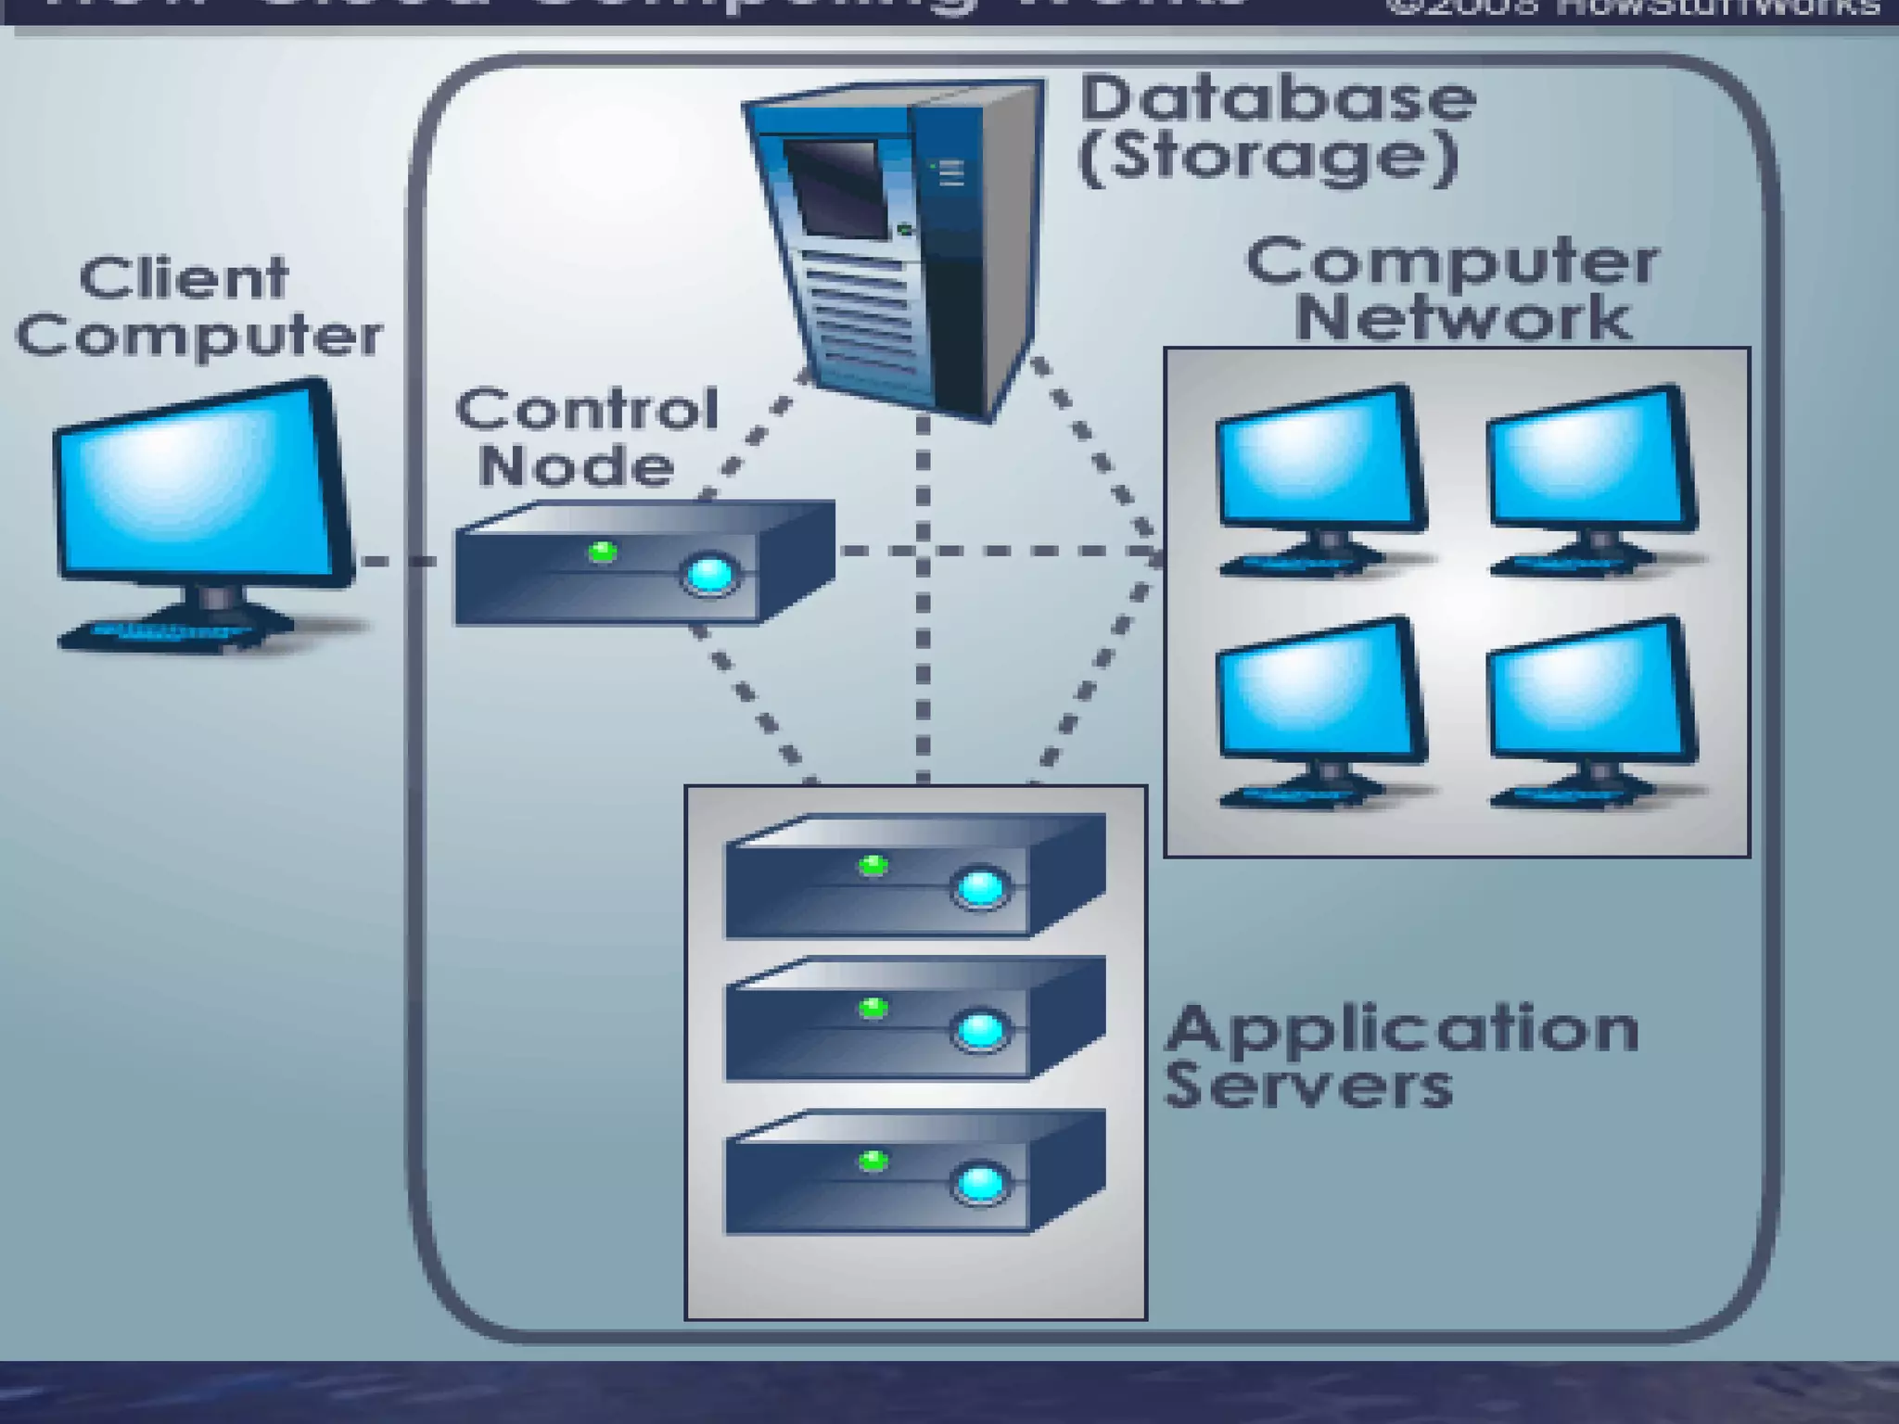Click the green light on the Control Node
point(603,553)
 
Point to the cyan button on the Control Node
point(710,574)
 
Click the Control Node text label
point(586,437)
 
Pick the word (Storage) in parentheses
point(1269,157)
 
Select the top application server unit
point(913,876)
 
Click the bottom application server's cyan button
point(981,1184)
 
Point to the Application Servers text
point(1400,1056)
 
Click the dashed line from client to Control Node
point(399,561)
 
